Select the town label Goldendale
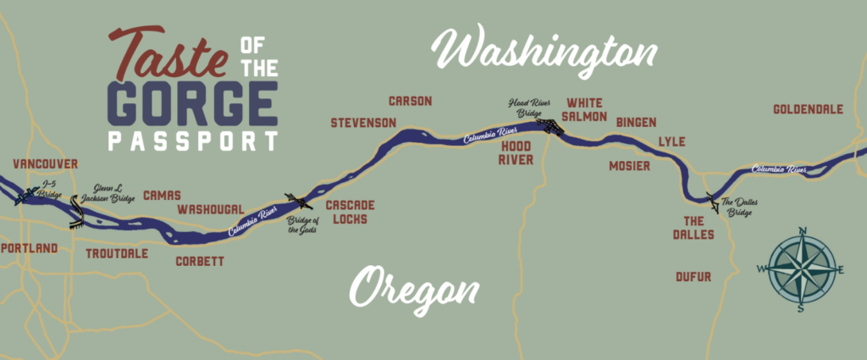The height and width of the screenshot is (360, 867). coord(809,109)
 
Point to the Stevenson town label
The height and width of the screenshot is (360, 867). coord(363,123)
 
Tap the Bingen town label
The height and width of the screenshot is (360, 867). coord(636,122)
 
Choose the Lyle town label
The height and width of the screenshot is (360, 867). coord(671,141)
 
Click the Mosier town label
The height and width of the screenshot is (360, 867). coord(629,166)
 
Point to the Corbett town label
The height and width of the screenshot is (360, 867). coord(200,262)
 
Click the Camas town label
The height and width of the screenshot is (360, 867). coord(163,195)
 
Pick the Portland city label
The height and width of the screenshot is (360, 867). coord(30,248)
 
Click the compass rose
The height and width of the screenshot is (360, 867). coord(800,269)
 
